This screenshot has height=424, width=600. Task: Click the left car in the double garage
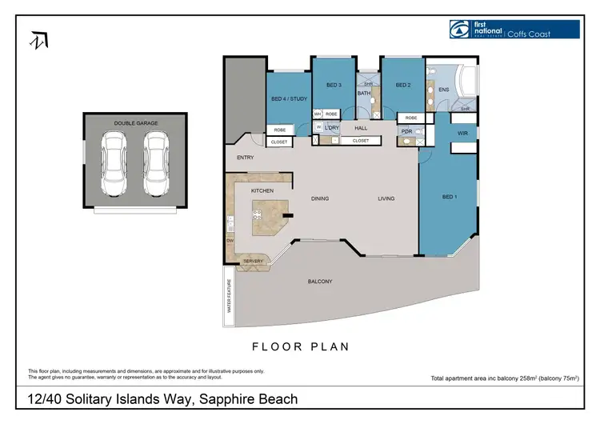pyautogui.click(x=111, y=163)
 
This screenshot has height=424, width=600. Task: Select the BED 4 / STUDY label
pyautogui.click(x=289, y=98)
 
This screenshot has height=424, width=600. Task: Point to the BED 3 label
pyautogui.click(x=334, y=85)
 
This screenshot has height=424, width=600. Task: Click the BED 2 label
pyautogui.click(x=402, y=85)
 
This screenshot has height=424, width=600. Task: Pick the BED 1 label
pyautogui.click(x=449, y=196)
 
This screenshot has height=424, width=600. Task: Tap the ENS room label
pyautogui.click(x=443, y=90)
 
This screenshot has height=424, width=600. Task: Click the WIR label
pyautogui.click(x=462, y=132)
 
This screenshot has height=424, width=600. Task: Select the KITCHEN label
pyautogui.click(x=262, y=191)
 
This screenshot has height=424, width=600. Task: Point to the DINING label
pyautogui.click(x=320, y=198)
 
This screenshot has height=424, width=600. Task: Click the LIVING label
pyautogui.click(x=386, y=198)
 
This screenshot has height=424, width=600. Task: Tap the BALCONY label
pyautogui.click(x=320, y=282)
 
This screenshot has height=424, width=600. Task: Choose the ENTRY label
pyautogui.click(x=246, y=158)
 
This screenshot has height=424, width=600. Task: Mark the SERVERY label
pyautogui.click(x=253, y=261)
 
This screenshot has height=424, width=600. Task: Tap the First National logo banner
pyautogui.click(x=514, y=30)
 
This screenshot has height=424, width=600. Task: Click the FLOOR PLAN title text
pyautogui.click(x=300, y=346)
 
